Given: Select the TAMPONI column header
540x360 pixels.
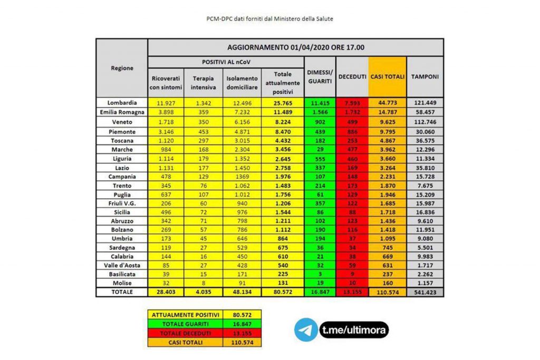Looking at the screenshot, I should coord(425,76).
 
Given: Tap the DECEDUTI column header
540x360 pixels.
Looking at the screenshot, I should coord(352,76).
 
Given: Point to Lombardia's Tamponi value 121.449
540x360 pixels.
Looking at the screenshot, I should coord(425,103).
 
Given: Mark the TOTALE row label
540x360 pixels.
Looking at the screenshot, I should coord(122,292).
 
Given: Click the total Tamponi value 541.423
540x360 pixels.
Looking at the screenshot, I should coord(425,292).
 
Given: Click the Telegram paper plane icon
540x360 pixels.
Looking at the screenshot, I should coord(306,329).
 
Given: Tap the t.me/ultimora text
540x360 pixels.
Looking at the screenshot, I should coord(354,330).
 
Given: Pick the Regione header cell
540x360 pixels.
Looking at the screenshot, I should coord(122,68).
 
